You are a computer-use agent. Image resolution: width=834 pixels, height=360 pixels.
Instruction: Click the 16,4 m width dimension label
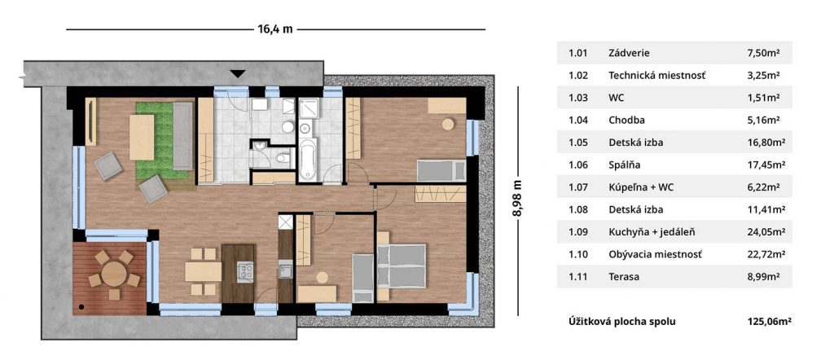click(x=275, y=29)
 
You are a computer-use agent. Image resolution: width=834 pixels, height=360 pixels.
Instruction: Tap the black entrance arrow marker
click(x=238, y=74)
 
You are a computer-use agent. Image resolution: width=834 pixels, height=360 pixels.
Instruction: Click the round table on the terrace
click(x=114, y=274)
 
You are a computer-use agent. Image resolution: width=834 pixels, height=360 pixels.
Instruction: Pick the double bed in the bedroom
click(x=402, y=266)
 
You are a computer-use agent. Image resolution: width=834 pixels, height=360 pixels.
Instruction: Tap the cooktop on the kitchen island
click(x=244, y=272)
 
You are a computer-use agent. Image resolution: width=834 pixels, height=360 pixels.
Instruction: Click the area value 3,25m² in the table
click(x=763, y=75)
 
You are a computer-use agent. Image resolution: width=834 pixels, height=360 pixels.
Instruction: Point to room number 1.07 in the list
click(x=578, y=187)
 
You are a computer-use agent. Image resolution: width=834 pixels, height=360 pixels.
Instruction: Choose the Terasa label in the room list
click(x=624, y=276)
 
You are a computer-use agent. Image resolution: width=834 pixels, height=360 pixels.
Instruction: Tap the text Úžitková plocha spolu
click(x=622, y=321)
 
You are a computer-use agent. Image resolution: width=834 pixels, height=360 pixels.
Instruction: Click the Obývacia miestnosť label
click(x=656, y=254)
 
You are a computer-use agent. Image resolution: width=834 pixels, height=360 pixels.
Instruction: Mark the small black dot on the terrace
click(x=81, y=307)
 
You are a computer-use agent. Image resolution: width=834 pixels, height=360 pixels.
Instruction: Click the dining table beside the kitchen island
click(x=203, y=272)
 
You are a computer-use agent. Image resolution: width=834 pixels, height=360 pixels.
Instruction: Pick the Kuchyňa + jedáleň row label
click(x=652, y=232)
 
